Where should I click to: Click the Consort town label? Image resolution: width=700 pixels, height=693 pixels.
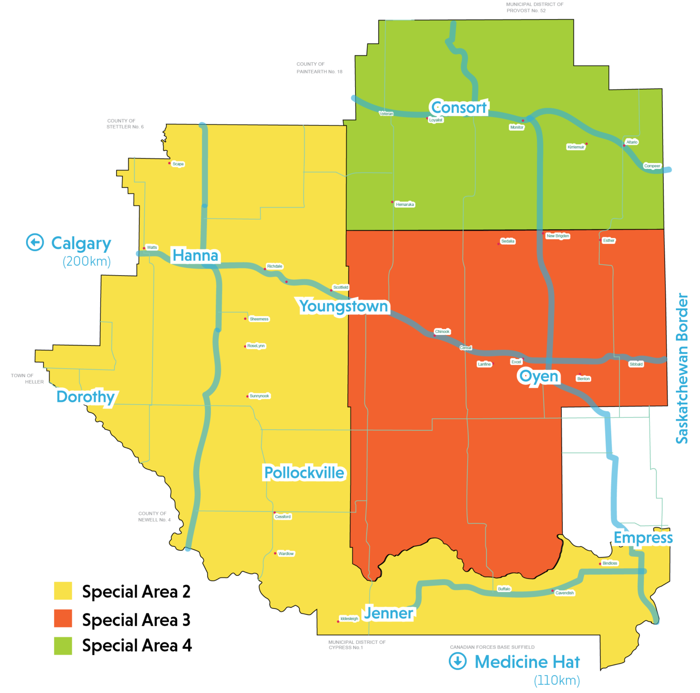coord(459,108)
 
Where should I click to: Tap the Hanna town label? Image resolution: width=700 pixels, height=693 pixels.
coord(196,255)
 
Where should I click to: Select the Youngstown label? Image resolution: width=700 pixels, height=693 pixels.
coord(344,306)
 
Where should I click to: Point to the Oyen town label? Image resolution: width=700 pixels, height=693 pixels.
coord(539,376)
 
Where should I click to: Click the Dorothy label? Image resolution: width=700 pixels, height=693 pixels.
coord(85,397)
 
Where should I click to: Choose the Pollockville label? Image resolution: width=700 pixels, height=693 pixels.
coord(304,472)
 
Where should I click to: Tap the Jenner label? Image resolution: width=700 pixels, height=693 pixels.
coord(389,613)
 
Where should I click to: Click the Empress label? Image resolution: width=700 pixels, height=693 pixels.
coord(643,538)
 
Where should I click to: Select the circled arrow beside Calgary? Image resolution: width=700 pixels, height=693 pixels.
coord(35,242)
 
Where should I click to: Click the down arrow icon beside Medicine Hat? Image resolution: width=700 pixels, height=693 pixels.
coord(458,661)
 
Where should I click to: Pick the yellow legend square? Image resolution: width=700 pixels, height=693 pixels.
coord(63,590)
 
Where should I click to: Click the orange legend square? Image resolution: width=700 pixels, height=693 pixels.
coord(63,618)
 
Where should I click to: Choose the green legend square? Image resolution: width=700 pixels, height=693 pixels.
coord(63,646)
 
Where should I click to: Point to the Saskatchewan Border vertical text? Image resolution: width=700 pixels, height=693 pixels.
coord(682,368)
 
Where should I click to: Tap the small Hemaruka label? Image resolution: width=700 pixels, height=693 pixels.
coord(405,205)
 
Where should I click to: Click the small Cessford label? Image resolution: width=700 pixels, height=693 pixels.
coord(283,517)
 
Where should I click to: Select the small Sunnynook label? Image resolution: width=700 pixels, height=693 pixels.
coord(259,396)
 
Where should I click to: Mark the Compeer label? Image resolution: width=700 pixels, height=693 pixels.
coord(652,166)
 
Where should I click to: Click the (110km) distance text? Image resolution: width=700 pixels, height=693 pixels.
coord(557,680)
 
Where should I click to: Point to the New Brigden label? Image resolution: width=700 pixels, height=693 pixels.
coord(558,236)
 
